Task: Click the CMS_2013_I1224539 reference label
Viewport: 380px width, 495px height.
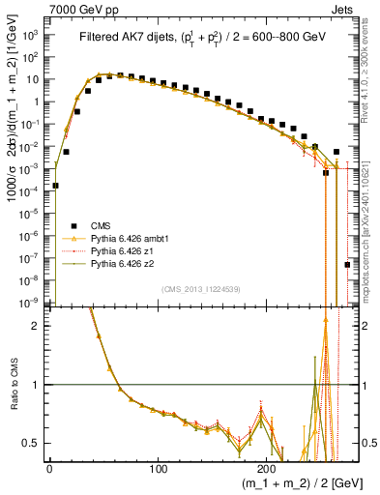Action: click(200, 288)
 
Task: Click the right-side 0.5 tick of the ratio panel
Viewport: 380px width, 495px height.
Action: click(366, 443)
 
